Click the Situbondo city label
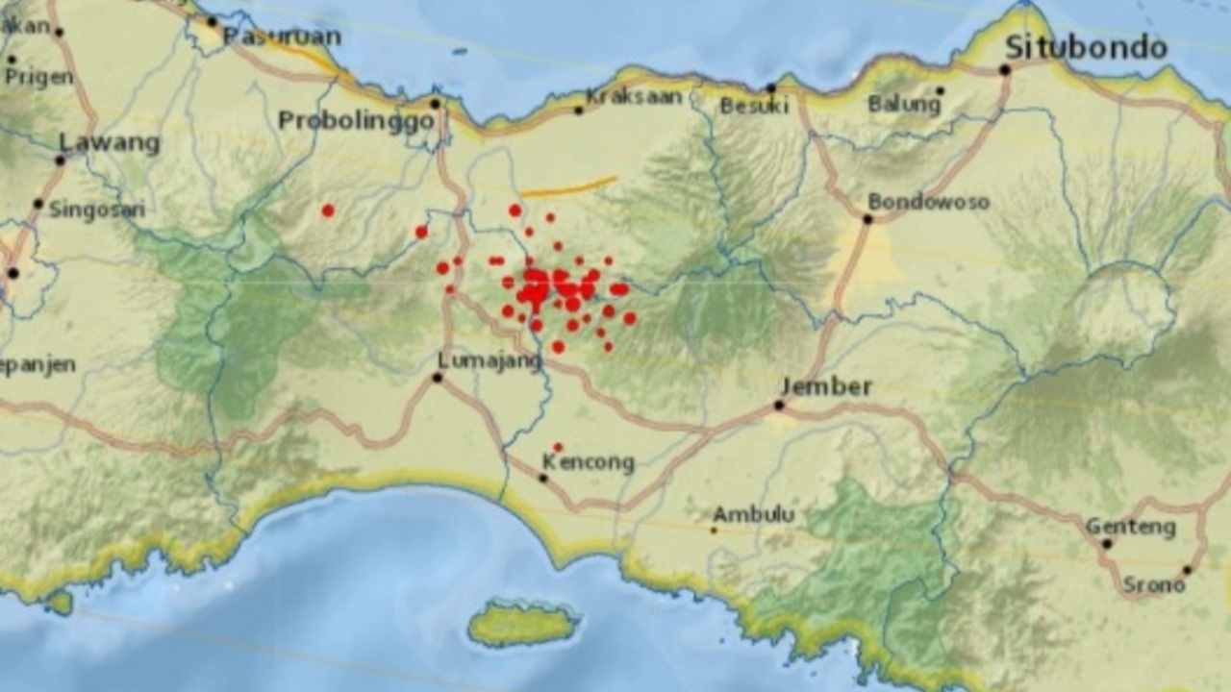[x=1086, y=47]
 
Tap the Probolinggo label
[x=356, y=121]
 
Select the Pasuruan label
[x=282, y=37]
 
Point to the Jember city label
[x=826, y=386]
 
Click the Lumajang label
[x=490, y=359]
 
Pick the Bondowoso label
[x=928, y=202]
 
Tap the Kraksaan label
[x=634, y=96]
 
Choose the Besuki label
[x=754, y=106]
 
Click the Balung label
[x=904, y=104]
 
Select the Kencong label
[x=588, y=463]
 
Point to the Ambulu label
[x=753, y=514]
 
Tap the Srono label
[x=1153, y=584]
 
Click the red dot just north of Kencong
[x=558, y=447]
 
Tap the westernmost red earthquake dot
[x=328, y=210]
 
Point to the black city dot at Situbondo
[x=1004, y=69]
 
